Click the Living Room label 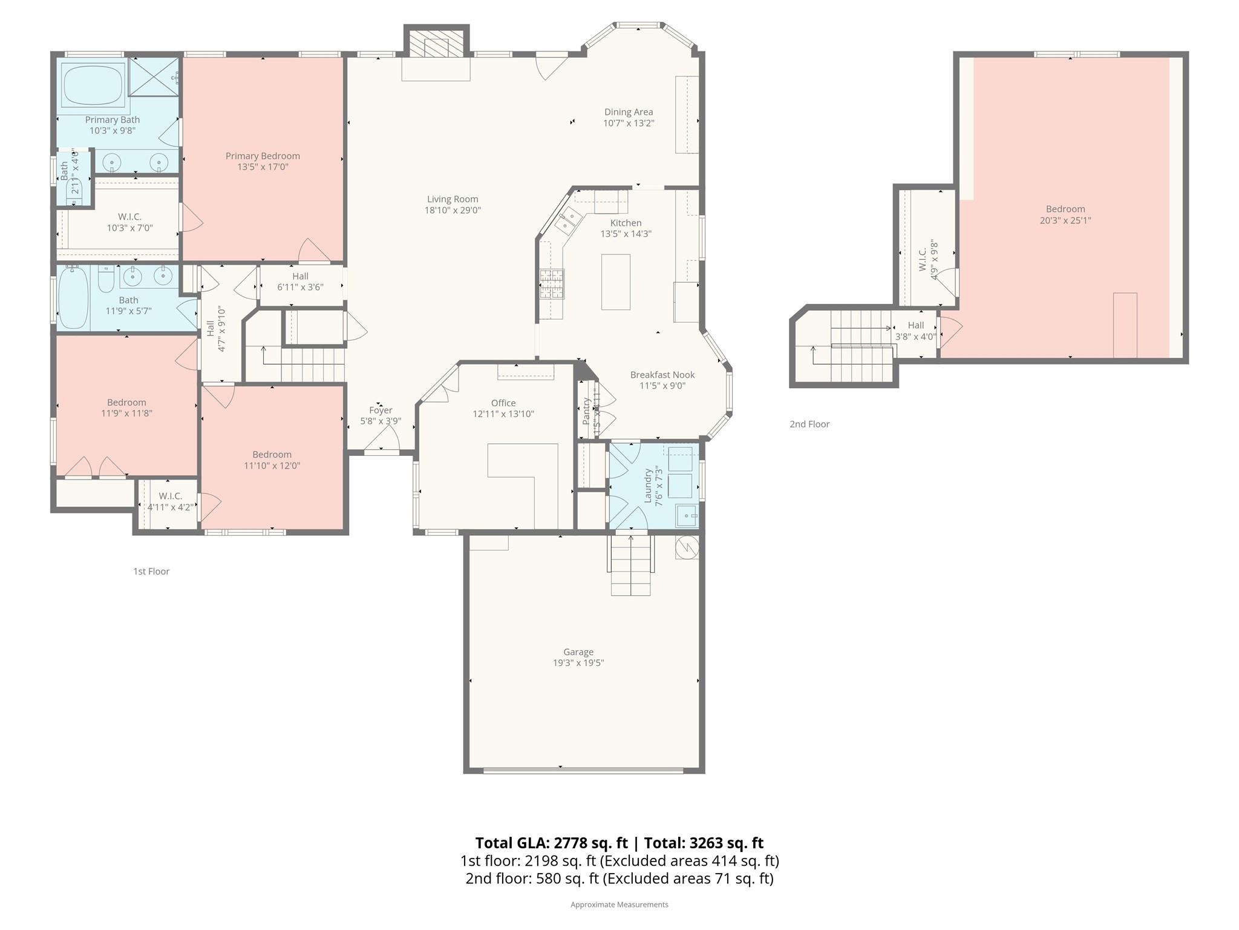coord(453,199)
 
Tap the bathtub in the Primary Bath coord(94,85)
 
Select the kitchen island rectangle coord(616,282)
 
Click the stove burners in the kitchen coord(552,284)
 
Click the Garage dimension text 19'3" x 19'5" coord(578,663)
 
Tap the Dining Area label coord(629,112)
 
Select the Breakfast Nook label coord(662,375)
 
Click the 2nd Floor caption coord(809,424)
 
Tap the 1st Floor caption coord(151,572)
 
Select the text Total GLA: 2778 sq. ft coord(551,843)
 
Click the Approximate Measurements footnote coord(619,905)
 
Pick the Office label coord(503,403)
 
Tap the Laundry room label coord(648,486)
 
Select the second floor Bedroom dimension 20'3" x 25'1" coord(1065,220)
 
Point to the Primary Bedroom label coord(263,156)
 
